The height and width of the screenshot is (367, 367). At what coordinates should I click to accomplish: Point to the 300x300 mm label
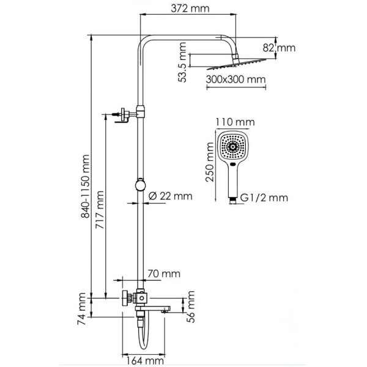[x=235, y=80]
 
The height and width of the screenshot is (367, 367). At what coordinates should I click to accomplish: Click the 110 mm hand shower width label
[x=231, y=122]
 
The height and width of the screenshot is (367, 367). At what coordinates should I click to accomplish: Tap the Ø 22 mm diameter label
[x=171, y=196]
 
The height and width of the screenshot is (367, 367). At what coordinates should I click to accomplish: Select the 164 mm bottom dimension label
[x=143, y=359]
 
